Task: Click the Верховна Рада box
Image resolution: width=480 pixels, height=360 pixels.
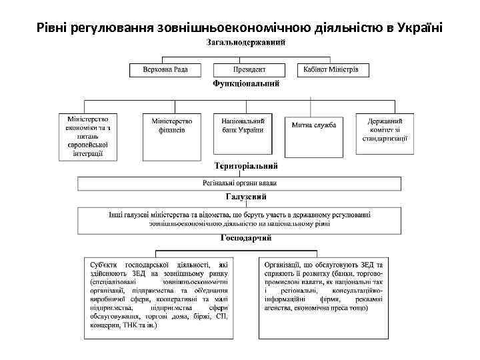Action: [x=165, y=69]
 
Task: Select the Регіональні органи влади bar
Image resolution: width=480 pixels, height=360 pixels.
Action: [x=239, y=183]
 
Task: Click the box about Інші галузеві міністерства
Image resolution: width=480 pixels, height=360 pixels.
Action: [x=239, y=219]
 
